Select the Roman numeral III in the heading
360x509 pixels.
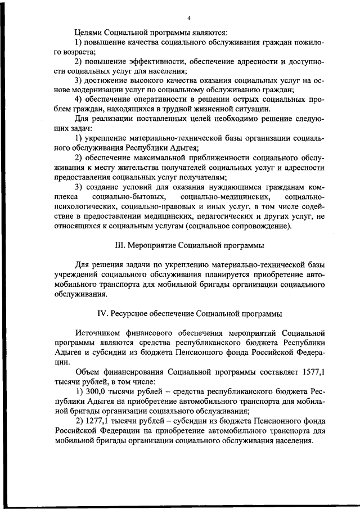[x=119, y=246]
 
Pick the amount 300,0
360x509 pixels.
[x=97, y=391]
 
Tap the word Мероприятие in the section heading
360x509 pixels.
[x=152, y=246]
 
